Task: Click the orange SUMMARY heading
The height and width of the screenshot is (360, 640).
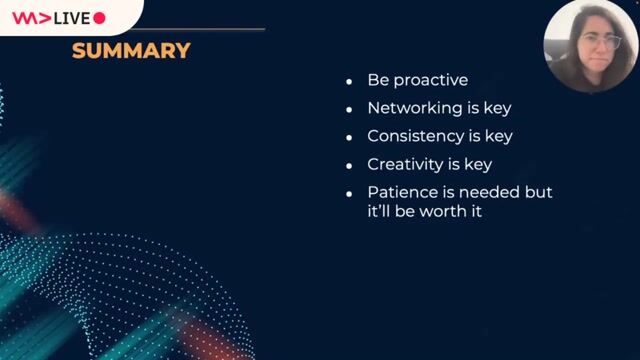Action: point(131,50)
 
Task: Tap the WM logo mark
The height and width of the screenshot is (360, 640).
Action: point(31,18)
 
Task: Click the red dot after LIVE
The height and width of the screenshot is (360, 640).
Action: point(99,18)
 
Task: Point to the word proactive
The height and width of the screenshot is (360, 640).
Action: point(431,81)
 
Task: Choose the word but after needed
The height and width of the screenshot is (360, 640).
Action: point(539,192)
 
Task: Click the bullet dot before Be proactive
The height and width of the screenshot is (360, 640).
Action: point(349,82)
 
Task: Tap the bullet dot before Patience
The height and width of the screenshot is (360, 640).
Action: point(349,193)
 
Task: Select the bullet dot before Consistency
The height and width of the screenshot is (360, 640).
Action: point(349,137)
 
